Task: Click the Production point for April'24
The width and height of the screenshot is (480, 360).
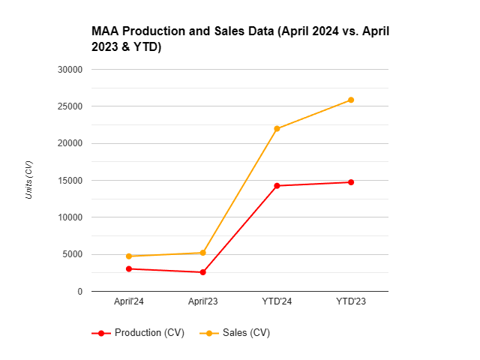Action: (x=129, y=268)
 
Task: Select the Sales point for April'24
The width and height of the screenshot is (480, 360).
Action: (x=129, y=256)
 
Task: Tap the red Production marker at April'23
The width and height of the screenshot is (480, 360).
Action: (x=202, y=272)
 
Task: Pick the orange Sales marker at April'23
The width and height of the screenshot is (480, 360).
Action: (x=202, y=253)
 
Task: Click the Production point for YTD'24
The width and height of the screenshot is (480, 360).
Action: (x=277, y=186)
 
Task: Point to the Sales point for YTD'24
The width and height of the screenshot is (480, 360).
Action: (x=277, y=129)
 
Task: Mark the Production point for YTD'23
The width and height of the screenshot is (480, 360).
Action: (x=350, y=182)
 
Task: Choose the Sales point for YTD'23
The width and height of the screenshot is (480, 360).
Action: (x=350, y=100)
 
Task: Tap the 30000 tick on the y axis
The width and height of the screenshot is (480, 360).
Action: (x=70, y=70)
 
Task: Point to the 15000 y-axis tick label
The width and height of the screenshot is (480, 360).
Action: (x=70, y=181)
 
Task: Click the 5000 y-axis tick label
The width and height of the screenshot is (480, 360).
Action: (x=73, y=254)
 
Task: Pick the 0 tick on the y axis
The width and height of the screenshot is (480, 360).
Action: (x=79, y=291)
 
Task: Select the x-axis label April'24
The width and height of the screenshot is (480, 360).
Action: (x=129, y=302)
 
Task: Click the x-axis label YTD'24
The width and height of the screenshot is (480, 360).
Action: (x=277, y=302)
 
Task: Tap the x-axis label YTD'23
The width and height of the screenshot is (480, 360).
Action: (x=350, y=302)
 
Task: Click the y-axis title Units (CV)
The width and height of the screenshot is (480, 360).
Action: (x=29, y=180)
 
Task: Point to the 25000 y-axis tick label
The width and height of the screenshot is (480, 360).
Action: (x=70, y=106)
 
